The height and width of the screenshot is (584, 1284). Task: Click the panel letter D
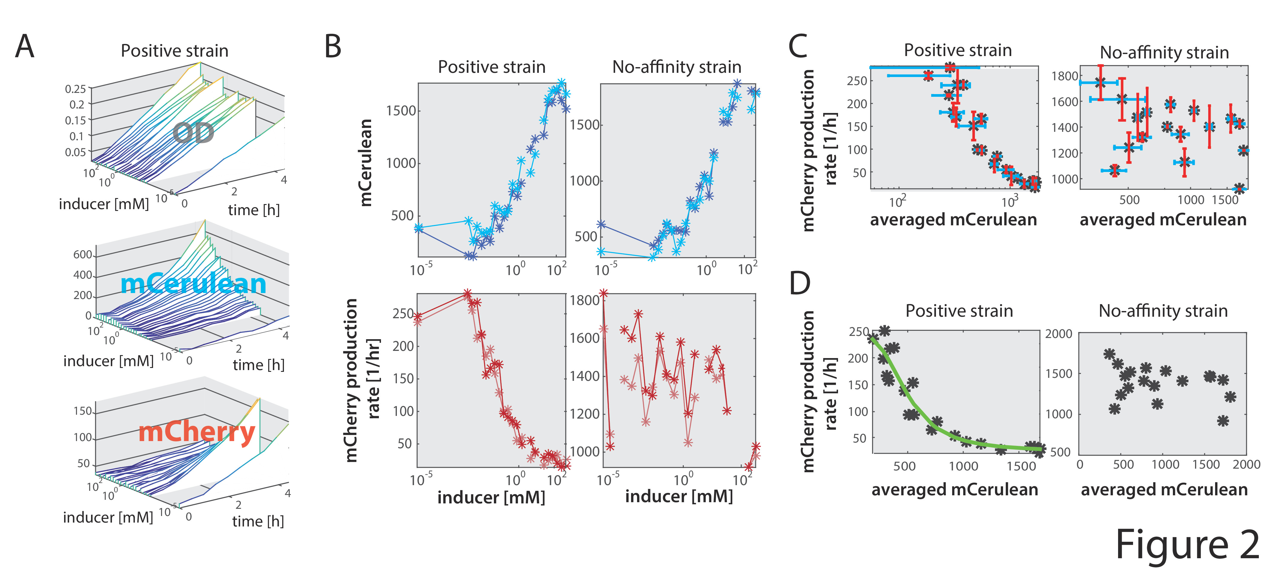799,283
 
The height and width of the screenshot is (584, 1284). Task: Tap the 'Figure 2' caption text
1187,545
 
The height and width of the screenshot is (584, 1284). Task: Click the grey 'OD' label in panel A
193,133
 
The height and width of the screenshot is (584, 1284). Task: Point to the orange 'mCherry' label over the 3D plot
197,432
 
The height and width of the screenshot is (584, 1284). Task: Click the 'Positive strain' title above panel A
174,51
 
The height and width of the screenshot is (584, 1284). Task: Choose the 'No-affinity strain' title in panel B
676,67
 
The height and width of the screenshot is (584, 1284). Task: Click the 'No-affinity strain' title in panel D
1163,311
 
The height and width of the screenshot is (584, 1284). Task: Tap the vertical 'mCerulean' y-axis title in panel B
366,163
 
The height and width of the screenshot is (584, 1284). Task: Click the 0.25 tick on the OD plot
75,89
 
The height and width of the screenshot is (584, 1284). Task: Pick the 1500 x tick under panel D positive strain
1021,466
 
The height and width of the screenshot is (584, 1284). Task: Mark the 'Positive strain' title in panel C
958,50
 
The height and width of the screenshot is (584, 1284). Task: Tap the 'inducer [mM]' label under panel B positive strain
491,497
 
